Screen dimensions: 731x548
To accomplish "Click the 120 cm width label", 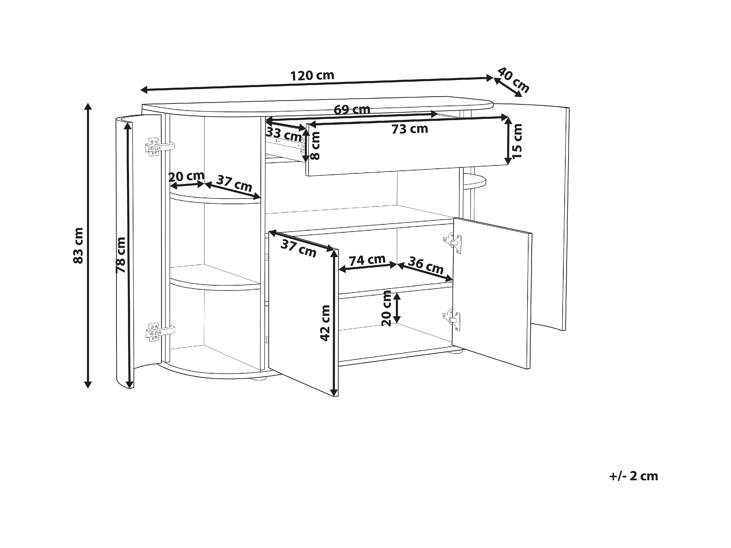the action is [312, 76].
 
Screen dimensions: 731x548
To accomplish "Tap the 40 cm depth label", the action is [513, 80].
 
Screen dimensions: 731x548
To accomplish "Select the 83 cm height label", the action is [78, 245].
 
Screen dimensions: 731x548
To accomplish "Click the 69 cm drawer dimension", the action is [352, 109].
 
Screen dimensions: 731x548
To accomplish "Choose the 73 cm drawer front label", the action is [410, 129].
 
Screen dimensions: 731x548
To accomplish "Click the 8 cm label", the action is [316, 146].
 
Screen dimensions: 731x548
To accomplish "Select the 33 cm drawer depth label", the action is [284, 134].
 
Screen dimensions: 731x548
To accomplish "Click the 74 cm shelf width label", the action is [367, 260].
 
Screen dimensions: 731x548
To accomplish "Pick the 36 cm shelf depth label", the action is [426, 265].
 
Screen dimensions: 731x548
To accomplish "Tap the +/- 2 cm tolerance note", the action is [633, 476].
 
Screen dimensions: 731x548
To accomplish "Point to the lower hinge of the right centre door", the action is [452, 320].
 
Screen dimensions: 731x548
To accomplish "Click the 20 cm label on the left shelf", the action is [186, 176].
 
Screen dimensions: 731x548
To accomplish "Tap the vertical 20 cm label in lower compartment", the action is [386, 308].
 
